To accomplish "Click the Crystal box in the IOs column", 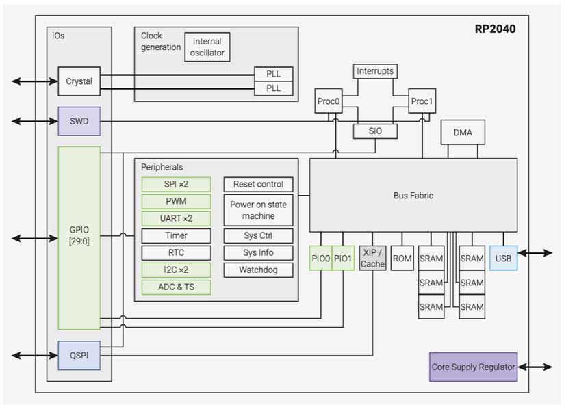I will pyautogui.click(x=79, y=81).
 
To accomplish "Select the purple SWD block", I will pyautogui.click(x=79, y=121).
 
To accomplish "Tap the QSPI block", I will pyautogui.click(x=79, y=355).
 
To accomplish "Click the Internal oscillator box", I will pyautogui.click(x=207, y=47).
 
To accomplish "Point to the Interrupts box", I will pyautogui.click(x=374, y=71).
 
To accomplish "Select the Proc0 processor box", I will pyautogui.click(x=329, y=101).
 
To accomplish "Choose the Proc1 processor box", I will pyautogui.click(x=422, y=101).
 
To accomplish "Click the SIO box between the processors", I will pyautogui.click(x=374, y=131).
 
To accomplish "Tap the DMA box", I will pyautogui.click(x=463, y=133).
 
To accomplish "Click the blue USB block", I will pyautogui.click(x=503, y=259).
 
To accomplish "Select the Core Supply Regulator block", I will pyautogui.click(x=473, y=367).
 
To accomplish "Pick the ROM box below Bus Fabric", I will pyautogui.click(x=402, y=259).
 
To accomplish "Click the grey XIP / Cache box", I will pyautogui.click(x=373, y=259).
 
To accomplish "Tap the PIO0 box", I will pyautogui.click(x=320, y=259).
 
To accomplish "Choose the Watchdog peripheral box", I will pyautogui.click(x=258, y=270).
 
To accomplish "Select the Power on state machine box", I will pyautogui.click(x=258, y=210).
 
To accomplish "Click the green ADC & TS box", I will pyautogui.click(x=176, y=287).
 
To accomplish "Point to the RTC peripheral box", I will pyautogui.click(x=176, y=252).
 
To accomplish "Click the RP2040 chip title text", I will pyautogui.click(x=495, y=29).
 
